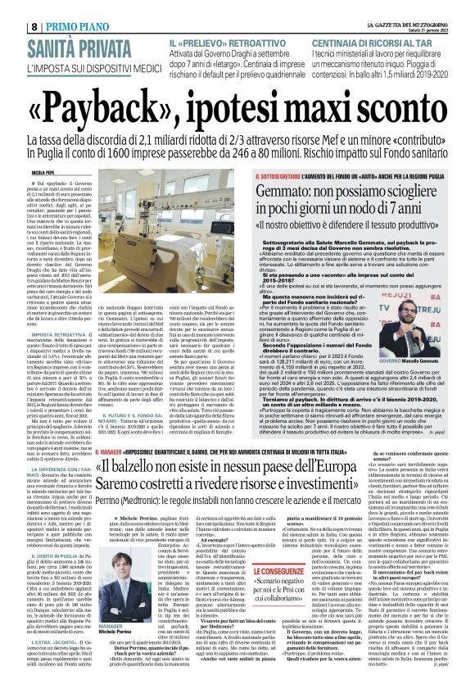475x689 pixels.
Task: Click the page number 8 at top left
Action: tap(12, 7)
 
